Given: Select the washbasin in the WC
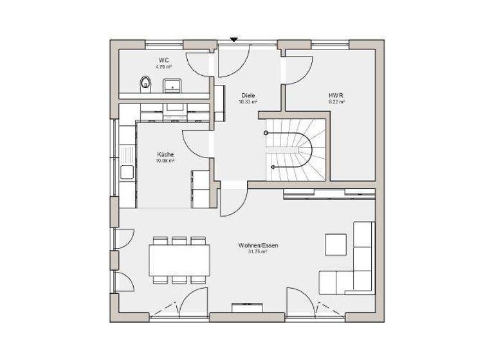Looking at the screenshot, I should click(172, 85).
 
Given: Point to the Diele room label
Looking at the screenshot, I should click(248, 95).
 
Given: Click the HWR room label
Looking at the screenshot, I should click(337, 95).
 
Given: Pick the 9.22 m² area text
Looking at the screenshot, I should click(337, 102).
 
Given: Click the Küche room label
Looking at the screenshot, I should click(165, 154).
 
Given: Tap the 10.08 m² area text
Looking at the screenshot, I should click(165, 161).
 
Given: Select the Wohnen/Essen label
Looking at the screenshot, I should click(257, 246).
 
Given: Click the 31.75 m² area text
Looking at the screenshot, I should click(257, 252).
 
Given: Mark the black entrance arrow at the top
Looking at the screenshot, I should click(234, 40).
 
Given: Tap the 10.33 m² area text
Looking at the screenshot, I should click(248, 102).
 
